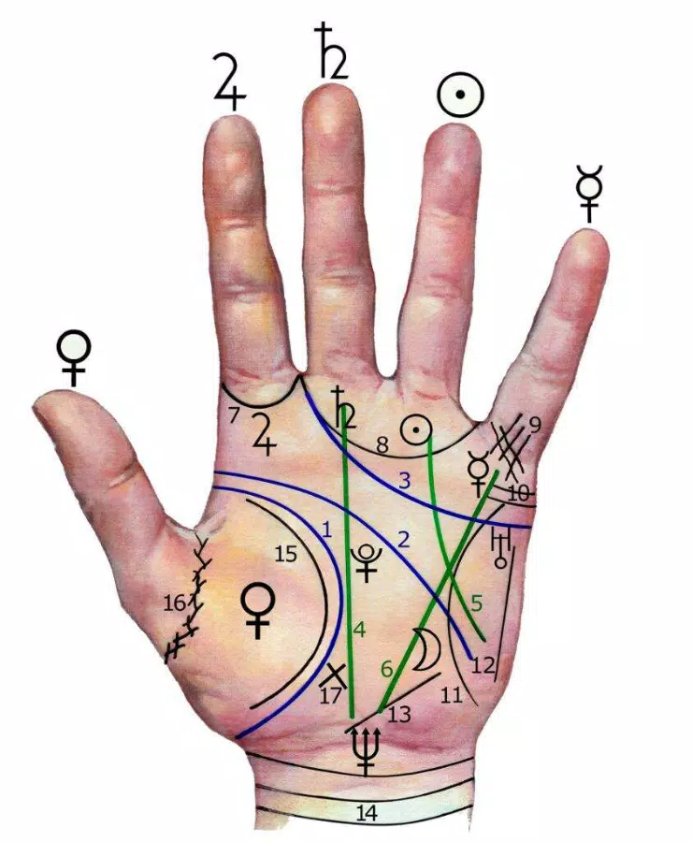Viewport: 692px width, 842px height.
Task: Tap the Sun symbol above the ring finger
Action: pyautogui.click(x=459, y=95)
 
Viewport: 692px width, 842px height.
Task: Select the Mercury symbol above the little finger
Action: pyautogui.click(x=589, y=192)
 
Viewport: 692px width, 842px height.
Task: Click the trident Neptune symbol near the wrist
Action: pyautogui.click(x=367, y=749)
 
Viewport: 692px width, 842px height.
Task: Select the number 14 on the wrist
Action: pyautogui.click(x=367, y=813)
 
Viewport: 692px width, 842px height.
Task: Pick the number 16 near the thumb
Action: pyautogui.click(x=175, y=603)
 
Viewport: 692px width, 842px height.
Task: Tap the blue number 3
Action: pyautogui.click(x=404, y=481)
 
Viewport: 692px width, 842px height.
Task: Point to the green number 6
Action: pyautogui.click(x=387, y=670)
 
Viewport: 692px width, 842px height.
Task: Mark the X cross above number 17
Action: pyautogui.click(x=335, y=673)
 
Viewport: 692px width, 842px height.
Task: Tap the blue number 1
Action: pyautogui.click(x=326, y=530)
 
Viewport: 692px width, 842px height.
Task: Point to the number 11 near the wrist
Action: pyautogui.click(x=451, y=696)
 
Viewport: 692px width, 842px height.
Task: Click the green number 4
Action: pyautogui.click(x=359, y=629)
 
